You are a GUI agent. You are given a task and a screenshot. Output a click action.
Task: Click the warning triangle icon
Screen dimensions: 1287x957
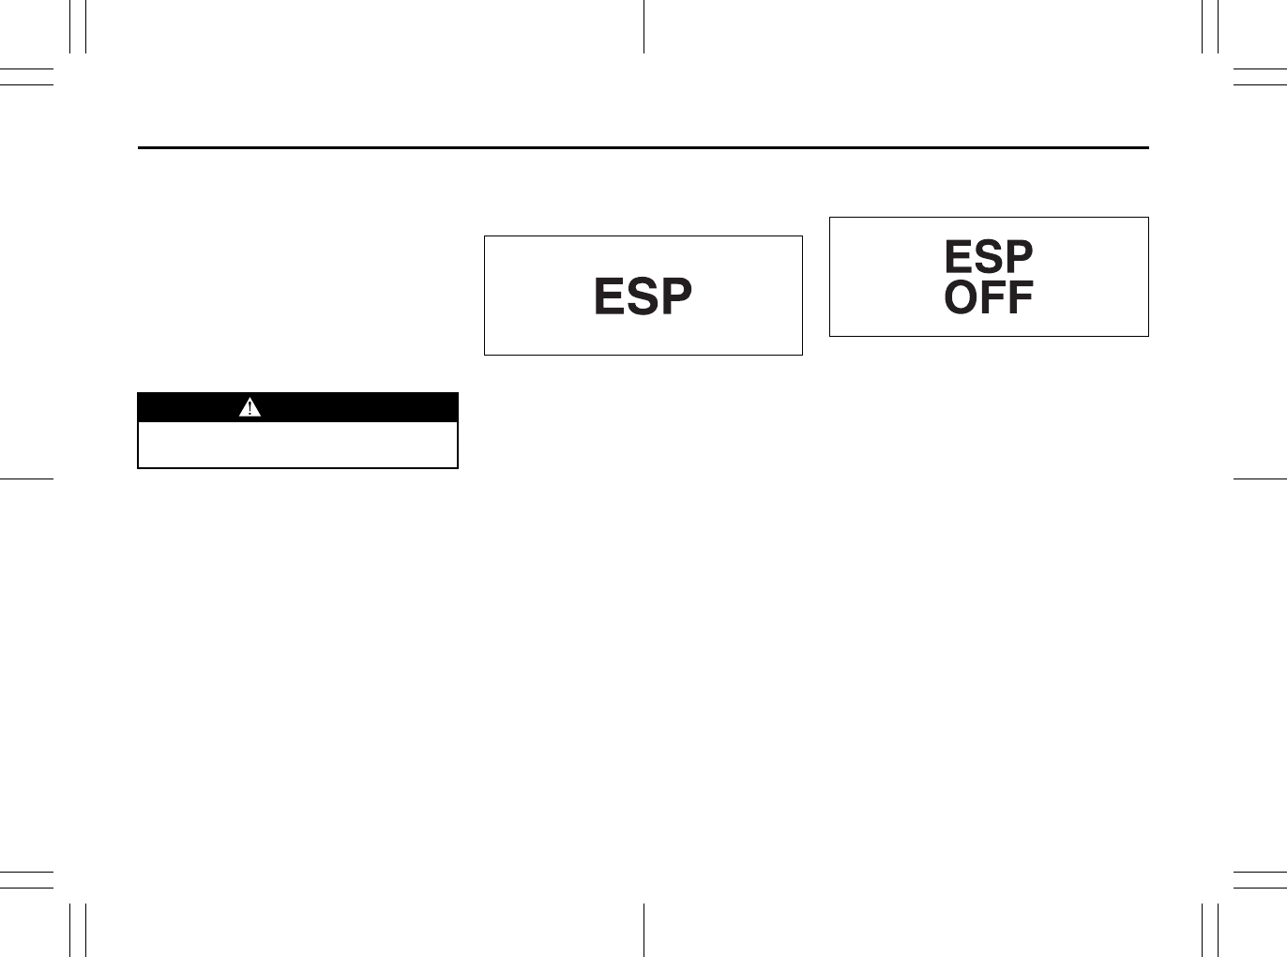pos(250,407)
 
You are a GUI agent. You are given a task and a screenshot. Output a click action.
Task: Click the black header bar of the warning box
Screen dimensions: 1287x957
pos(356,407)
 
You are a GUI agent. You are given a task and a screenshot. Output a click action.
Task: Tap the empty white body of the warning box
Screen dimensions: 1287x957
pos(297,445)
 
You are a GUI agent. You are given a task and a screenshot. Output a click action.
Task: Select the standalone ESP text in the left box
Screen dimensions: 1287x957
pos(643,296)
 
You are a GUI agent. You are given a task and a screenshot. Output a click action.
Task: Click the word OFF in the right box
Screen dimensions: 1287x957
pos(989,298)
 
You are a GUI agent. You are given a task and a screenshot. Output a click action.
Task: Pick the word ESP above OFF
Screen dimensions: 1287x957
pos(989,256)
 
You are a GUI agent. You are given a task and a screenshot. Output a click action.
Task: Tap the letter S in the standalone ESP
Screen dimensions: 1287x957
pos(643,296)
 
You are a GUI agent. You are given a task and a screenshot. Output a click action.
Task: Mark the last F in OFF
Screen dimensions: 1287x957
pos(1019,298)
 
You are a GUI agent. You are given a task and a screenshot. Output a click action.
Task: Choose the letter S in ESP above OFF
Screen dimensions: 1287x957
pos(988,256)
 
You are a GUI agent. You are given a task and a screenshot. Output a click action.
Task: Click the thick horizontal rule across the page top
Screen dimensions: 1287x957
pos(643,147)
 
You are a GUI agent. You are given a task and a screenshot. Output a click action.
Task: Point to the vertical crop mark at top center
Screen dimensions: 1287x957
pos(643,26)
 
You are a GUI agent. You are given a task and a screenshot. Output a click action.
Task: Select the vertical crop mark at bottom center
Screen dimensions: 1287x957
pos(643,930)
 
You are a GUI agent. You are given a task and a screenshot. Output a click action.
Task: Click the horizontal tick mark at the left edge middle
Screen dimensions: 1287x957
pos(26,478)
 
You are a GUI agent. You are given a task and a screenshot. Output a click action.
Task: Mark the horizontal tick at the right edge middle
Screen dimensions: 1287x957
pos(1260,478)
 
